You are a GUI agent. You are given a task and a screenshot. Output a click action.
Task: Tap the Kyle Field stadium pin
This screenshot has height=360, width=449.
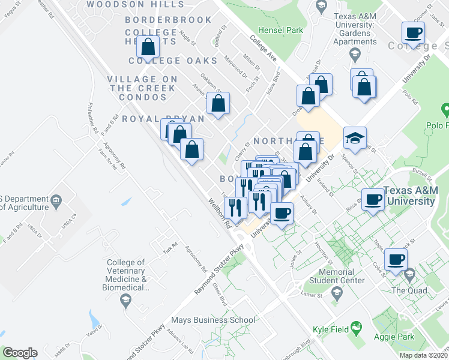point(357,327)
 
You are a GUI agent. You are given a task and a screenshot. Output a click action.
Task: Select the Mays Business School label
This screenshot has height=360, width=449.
point(212,320)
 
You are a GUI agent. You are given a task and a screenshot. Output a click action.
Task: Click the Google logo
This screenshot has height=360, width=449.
point(19,353)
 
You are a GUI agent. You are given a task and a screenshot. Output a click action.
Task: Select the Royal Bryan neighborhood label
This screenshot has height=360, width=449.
point(163,119)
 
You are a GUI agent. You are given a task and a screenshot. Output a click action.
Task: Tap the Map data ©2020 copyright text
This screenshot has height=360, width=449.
point(423,355)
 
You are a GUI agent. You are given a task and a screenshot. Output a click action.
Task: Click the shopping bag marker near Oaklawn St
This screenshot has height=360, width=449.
point(218,103)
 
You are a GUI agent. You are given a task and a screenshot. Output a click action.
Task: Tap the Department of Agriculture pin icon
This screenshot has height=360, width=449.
point(56,199)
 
